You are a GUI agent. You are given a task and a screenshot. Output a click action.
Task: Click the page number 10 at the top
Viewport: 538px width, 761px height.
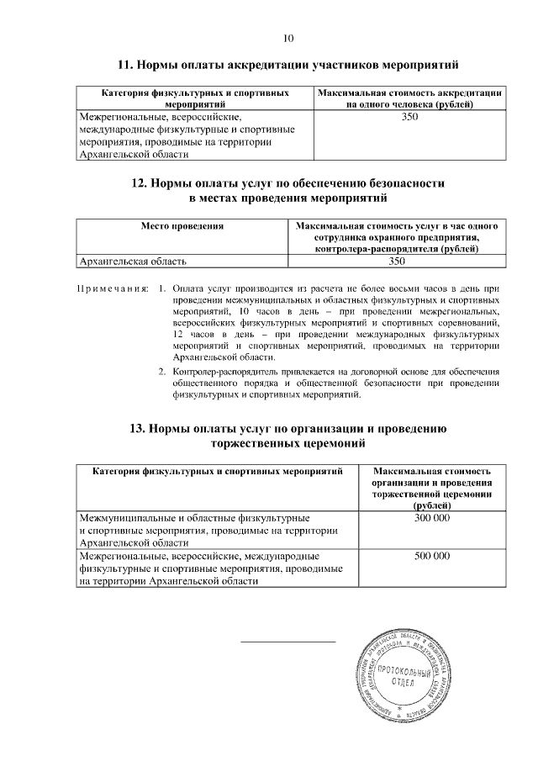click(289, 38)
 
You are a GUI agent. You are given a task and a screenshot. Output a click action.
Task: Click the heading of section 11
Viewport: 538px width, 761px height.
click(289, 66)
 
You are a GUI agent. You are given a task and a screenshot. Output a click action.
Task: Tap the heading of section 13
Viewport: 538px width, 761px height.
click(289, 436)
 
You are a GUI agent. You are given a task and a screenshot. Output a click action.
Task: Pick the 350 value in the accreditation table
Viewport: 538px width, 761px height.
click(410, 117)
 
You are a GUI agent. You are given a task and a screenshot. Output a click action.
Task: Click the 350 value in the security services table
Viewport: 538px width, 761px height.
click(397, 262)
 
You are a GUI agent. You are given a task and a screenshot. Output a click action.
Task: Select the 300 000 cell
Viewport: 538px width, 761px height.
click(432, 519)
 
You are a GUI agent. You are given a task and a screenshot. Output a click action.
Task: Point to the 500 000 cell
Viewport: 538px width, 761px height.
click(432, 557)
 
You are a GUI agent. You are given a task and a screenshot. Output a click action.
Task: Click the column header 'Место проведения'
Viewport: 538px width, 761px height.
click(182, 227)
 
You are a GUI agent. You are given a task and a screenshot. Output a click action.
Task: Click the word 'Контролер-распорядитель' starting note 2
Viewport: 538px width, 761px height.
click(221, 371)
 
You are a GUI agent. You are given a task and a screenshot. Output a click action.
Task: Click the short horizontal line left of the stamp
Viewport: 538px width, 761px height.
click(287, 642)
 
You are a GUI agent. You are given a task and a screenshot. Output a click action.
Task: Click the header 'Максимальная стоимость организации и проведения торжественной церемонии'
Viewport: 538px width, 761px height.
click(432, 489)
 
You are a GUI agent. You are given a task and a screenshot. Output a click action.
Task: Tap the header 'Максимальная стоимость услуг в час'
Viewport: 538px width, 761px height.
click(397, 237)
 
